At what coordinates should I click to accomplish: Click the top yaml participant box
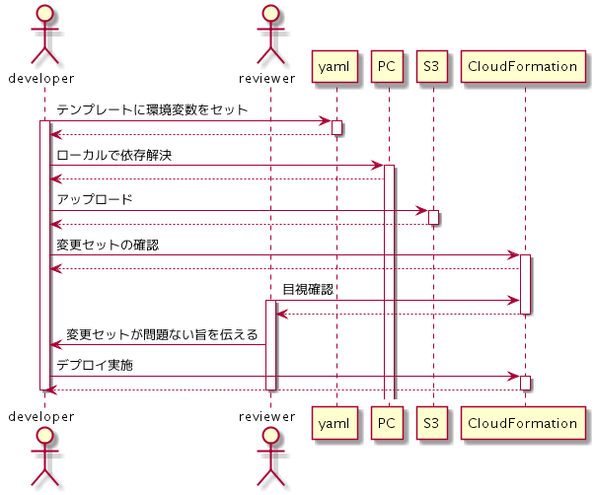[x=335, y=67]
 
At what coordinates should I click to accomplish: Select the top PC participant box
[x=388, y=67]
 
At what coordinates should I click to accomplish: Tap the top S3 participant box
[x=432, y=67]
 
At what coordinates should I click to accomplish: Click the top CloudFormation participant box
[x=523, y=67]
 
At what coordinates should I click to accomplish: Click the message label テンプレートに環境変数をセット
[x=152, y=109]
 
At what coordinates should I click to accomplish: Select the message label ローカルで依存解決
[x=115, y=155]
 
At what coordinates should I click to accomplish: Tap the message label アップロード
[x=95, y=199]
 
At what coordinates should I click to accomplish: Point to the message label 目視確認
[x=308, y=290]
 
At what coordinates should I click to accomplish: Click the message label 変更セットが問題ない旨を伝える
[x=162, y=334]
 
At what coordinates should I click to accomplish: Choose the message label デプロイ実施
[x=95, y=366]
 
